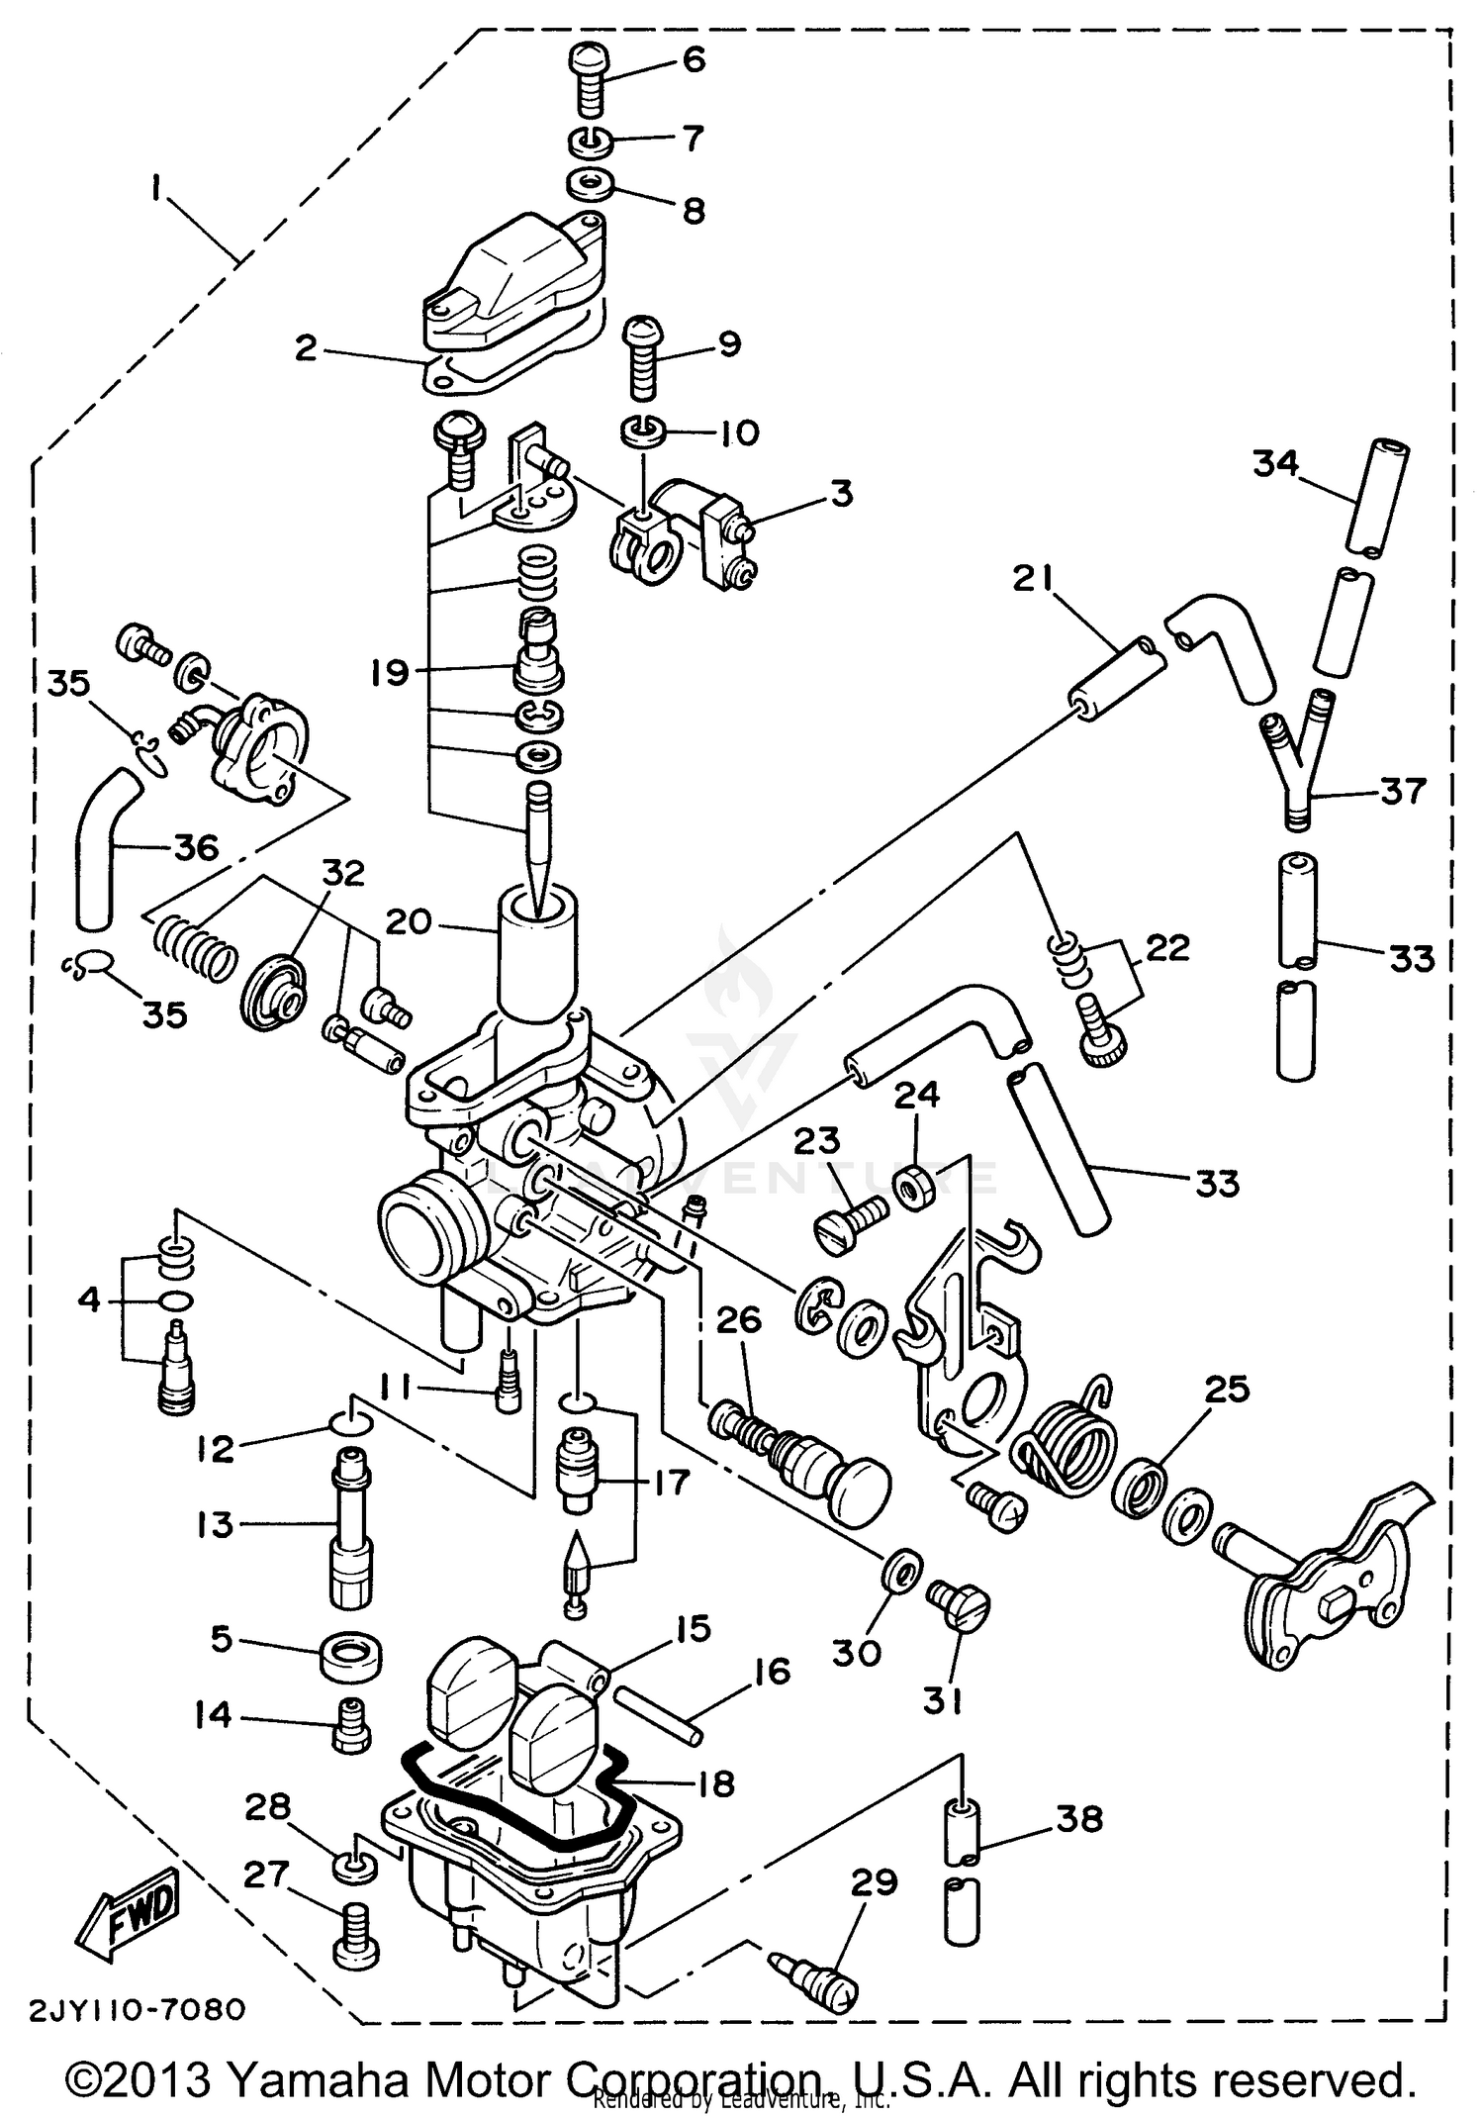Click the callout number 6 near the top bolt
(x=694, y=59)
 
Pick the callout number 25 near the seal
(x=1226, y=1390)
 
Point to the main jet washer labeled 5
(x=351, y=1655)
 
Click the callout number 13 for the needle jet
(x=214, y=1524)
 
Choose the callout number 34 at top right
(x=1275, y=462)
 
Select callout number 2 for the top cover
(x=306, y=348)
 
